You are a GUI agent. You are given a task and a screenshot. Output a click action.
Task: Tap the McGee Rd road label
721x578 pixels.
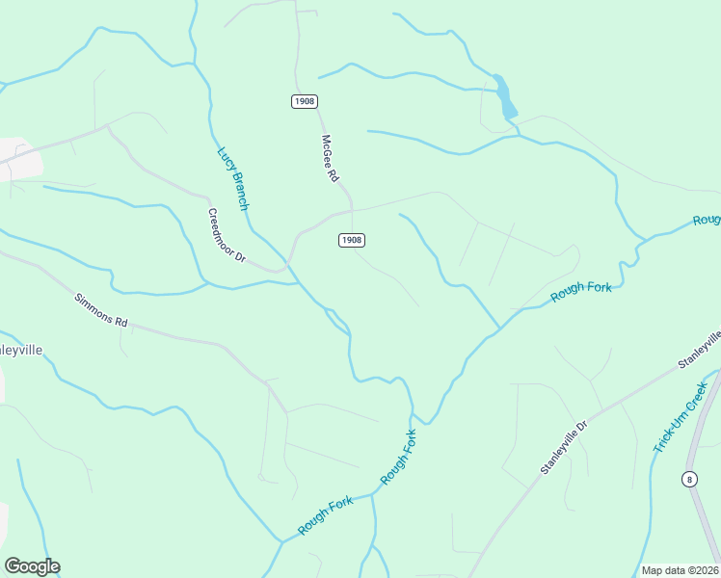point(331,159)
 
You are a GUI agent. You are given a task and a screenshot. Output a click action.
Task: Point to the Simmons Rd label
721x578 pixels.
point(101,310)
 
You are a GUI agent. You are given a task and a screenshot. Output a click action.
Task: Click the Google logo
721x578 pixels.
point(32,566)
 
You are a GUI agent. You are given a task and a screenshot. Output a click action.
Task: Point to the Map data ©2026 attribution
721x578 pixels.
point(681,570)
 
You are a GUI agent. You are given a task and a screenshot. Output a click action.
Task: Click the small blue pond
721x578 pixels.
point(504,96)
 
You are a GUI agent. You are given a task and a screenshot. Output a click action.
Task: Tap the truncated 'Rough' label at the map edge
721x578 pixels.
point(708,221)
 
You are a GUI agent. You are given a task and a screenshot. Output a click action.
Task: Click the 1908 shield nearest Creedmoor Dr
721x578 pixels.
point(351,240)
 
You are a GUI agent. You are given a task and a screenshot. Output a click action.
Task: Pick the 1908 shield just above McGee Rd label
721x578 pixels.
point(304,101)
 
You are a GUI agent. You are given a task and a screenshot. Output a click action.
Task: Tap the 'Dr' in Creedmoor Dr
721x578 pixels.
point(242,257)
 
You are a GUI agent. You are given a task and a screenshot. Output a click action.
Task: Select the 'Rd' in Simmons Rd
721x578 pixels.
point(120,322)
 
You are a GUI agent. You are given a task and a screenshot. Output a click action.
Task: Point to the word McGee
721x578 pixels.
point(327,149)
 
